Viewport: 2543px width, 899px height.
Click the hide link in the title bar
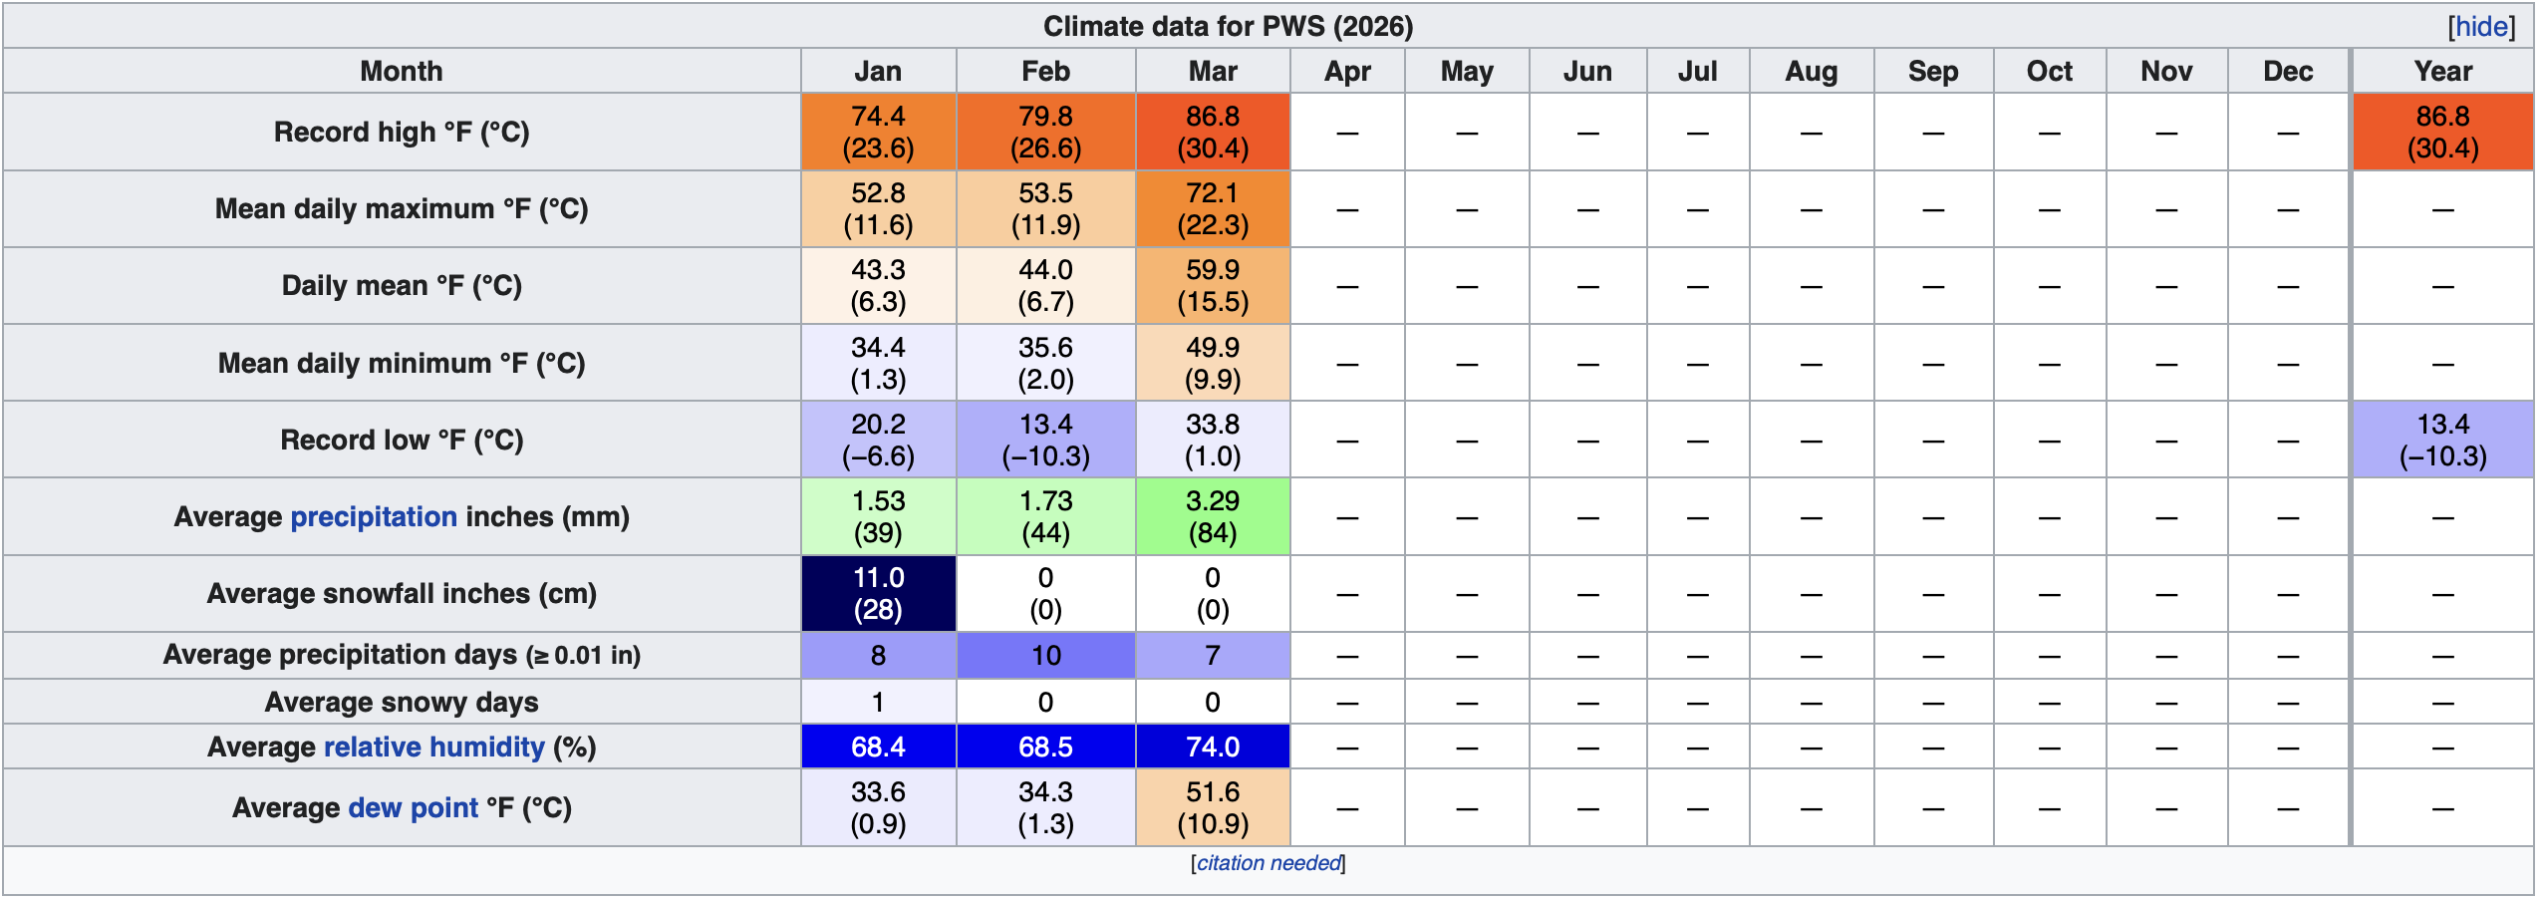(x=2481, y=27)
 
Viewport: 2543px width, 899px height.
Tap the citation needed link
(x=1269, y=863)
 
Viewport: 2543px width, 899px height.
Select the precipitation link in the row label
(x=374, y=516)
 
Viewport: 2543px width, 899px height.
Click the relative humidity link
(x=433, y=747)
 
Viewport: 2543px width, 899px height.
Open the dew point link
(x=413, y=807)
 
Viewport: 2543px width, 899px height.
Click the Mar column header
(x=1212, y=71)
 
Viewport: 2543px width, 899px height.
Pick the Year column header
(x=2442, y=71)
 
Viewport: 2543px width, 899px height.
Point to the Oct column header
(x=2049, y=71)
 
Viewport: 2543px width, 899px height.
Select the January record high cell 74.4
(x=878, y=132)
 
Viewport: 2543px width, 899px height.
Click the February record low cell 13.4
(x=1045, y=440)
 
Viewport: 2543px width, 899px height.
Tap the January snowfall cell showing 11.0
(x=878, y=593)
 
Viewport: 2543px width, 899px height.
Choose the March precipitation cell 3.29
(x=1212, y=516)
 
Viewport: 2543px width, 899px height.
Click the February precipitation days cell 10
(x=1045, y=655)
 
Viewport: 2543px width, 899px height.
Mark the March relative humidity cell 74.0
(x=1212, y=747)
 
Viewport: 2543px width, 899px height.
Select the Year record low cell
(x=2442, y=440)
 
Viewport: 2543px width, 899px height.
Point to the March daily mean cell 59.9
(x=1212, y=285)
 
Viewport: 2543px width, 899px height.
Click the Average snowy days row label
(x=402, y=702)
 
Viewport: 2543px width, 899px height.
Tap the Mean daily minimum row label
(x=402, y=363)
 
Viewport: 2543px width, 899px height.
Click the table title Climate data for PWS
(x=1228, y=26)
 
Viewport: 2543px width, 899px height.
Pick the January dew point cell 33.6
(x=878, y=807)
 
